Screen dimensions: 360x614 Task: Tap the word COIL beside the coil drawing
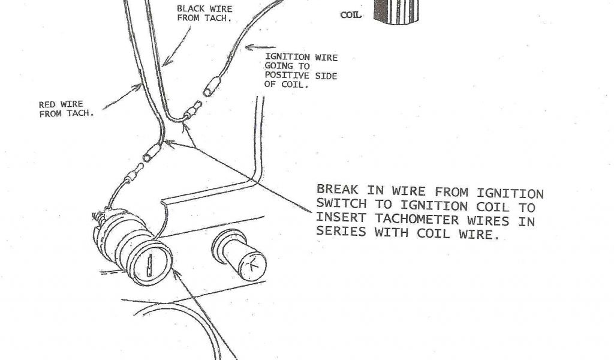pos(351,15)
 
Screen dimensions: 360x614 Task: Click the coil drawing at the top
pos(396,11)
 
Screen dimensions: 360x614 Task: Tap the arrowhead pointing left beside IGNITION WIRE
pos(253,47)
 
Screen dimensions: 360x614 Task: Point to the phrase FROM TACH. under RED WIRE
pos(67,113)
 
